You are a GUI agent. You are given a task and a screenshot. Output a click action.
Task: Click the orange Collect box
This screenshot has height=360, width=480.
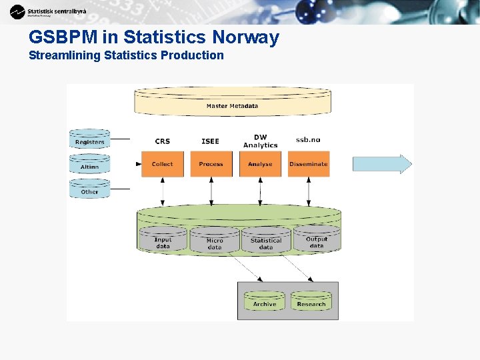[x=162, y=164]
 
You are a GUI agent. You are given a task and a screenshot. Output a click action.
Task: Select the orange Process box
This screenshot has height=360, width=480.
[x=211, y=164]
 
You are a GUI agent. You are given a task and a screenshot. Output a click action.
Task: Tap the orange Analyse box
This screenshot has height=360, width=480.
[x=260, y=164]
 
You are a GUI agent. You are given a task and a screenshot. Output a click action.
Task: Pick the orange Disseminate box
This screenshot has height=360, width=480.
[x=309, y=164]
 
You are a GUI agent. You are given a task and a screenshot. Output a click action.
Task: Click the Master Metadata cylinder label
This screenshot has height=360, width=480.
[x=233, y=105]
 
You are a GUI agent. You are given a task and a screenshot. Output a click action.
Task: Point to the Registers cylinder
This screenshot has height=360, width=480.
[x=90, y=141]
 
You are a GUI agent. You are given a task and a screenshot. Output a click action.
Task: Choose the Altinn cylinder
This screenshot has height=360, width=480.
[x=90, y=165]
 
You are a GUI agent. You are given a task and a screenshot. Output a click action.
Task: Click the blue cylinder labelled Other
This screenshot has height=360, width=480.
[x=90, y=190]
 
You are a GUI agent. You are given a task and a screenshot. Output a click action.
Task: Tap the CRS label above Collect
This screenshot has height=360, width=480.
[x=163, y=141]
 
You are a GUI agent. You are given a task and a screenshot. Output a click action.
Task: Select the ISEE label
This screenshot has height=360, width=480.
[x=210, y=141]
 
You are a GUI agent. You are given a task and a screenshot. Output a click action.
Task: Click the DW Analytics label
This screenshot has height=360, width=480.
[x=261, y=141]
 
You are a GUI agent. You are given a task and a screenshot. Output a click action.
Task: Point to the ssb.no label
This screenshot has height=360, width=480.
[x=308, y=140]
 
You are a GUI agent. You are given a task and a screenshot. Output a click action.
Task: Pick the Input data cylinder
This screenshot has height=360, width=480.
[x=163, y=242]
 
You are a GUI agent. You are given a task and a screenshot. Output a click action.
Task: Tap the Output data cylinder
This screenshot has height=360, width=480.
[x=317, y=241]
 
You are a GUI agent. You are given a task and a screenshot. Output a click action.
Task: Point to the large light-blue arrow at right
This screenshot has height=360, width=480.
[x=382, y=164]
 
